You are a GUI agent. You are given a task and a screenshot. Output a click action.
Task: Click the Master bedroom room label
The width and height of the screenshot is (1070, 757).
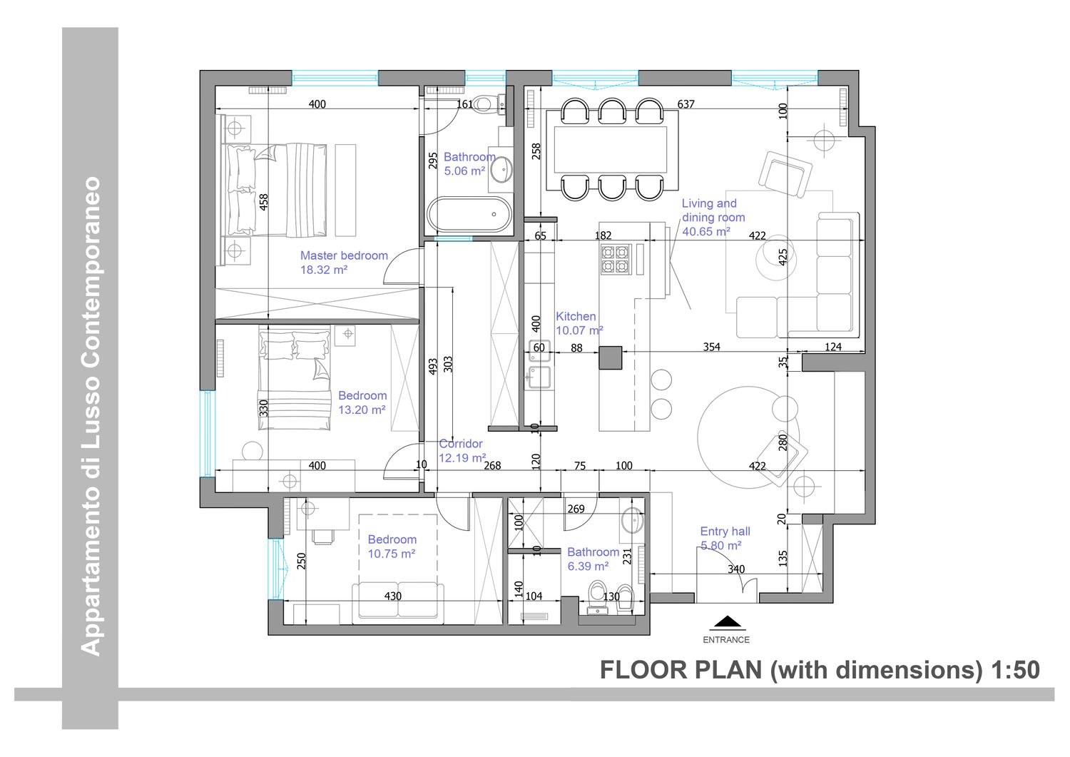click(x=343, y=263)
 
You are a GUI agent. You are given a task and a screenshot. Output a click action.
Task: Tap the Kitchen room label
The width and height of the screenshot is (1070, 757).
click(x=579, y=323)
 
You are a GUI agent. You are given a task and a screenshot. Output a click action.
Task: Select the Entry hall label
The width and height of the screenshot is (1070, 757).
click(x=725, y=538)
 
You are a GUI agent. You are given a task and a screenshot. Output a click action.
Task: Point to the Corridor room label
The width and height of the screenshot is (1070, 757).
click(x=462, y=451)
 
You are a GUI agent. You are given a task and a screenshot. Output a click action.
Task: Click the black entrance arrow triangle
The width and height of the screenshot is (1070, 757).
click(x=727, y=621)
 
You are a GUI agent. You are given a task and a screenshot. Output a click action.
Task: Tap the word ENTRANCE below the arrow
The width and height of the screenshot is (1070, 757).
click(x=726, y=640)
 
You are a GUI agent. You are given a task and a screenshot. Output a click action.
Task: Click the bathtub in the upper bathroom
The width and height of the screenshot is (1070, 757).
click(x=469, y=215)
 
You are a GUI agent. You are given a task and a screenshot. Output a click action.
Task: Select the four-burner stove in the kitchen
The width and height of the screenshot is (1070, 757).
click(x=615, y=259)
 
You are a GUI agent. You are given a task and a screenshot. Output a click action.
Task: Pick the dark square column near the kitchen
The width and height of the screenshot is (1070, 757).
click(x=611, y=358)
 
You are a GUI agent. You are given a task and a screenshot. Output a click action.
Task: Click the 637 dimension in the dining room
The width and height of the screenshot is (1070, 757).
click(x=686, y=103)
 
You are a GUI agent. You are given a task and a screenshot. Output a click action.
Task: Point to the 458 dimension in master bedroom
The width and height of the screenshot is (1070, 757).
click(x=264, y=202)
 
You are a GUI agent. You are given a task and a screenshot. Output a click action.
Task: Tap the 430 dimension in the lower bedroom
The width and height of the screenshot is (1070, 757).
click(x=392, y=596)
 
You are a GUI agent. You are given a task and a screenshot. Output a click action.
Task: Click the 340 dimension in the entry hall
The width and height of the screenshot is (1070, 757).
click(x=736, y=569)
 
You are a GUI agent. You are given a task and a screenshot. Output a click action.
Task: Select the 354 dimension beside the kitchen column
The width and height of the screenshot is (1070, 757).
click(x=711, y=347)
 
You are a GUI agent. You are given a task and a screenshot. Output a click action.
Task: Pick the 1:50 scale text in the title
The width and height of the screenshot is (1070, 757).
click(x=1015, y=670)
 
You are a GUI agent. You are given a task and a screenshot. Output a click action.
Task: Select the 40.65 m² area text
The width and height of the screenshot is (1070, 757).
click(x=706, y=232)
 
